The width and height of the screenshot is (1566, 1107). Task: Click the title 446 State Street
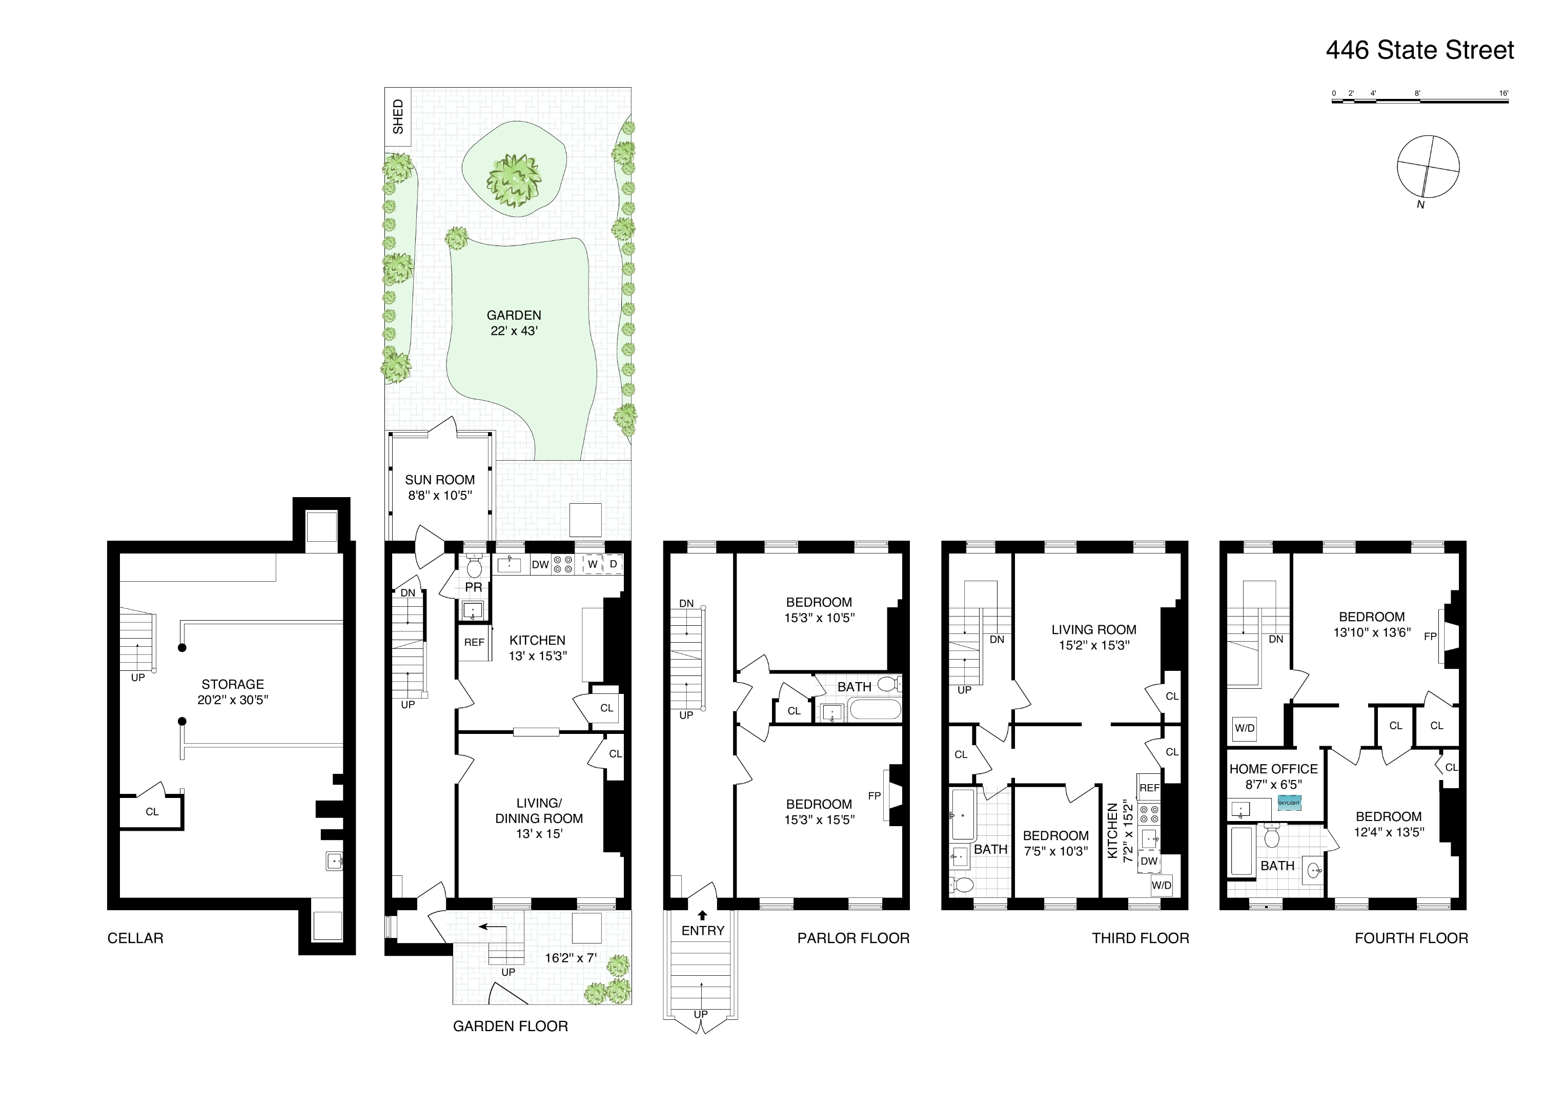[1419, 50]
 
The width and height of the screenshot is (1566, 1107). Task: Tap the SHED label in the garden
[398, 117]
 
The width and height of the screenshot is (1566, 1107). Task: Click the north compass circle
[1428, 167]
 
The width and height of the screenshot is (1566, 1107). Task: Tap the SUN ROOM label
[439, 480]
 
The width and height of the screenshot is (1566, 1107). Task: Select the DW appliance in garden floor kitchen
[540, 565]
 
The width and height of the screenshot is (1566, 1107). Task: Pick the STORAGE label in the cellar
[233, 684]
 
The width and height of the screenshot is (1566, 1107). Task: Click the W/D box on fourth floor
[1244, 728]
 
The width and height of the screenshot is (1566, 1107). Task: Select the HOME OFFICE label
[1273, 769]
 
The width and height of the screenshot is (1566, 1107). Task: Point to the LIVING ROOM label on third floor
[1093, 629]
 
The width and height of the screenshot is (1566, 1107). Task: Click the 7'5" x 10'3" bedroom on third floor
[1055, 843]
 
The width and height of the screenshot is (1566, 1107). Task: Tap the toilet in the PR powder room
[474, 567]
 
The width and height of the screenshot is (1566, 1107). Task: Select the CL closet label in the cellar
[152, 812]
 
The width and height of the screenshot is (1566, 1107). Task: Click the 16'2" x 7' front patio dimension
[570, 958]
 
